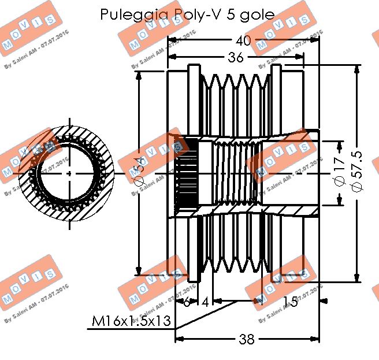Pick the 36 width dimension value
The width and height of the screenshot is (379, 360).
click(x=235, y=58)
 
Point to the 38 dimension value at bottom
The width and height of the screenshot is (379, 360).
click(x=247, y=340)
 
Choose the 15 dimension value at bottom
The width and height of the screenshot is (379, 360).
click(x=291, y=301)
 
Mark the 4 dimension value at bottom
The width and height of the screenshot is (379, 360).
click(x=206, y=301)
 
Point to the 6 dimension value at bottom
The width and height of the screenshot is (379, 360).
click(x=186, y=301)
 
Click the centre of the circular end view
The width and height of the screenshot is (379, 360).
click(x=69, y=173)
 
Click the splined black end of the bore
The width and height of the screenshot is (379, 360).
click(x=186, y=173)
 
